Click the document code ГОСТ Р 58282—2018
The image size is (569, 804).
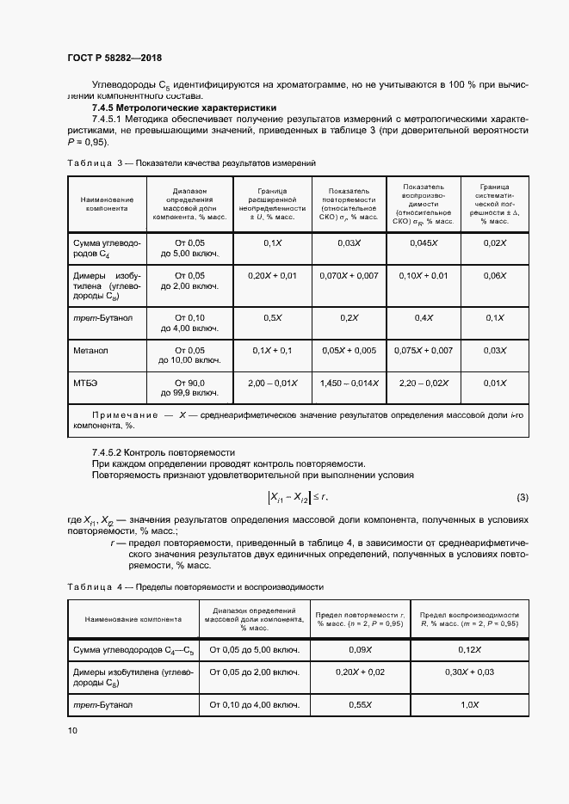click(x=114, y=58)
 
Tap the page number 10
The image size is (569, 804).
click(x=72, y=731)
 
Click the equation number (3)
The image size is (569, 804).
click(x=523, y=498)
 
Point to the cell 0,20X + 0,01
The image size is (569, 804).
click(x=272, y=275)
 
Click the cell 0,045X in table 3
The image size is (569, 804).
click(x=424, y=243)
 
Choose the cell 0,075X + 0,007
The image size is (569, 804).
click(x=424, y=351)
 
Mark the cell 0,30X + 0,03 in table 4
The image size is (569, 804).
click(x=469, y=672)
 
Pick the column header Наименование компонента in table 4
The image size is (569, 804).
click(x=133, y=618)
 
